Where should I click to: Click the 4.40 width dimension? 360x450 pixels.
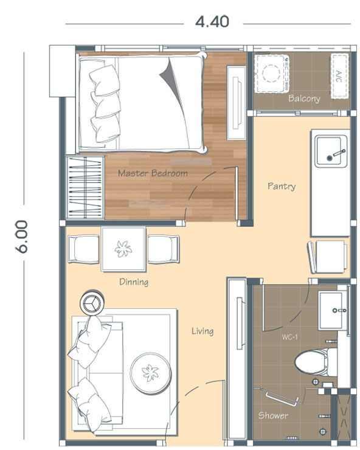(x=212, y=22)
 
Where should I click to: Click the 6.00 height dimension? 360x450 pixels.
(x=21, y=237)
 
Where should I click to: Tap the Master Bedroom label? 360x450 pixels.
(x=153, y=173)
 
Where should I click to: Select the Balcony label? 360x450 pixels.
(x=304, y=99)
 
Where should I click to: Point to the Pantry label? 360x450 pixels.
(x=282, y=186)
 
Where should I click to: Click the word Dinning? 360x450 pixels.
(x=134, y=282)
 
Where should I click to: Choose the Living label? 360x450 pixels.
(x=202, y=331)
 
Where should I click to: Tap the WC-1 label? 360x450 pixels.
(x=289, y=337)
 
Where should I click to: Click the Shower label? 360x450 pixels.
(x=273, y=415)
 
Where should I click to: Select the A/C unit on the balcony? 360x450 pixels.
(x=339, y=76)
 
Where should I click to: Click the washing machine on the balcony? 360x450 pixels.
(x=272, y=74)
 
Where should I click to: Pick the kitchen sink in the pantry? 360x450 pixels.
(x=330, y=151)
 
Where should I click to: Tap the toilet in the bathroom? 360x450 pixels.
(x=316, y=362)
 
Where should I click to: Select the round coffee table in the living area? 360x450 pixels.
(x=150, y=373)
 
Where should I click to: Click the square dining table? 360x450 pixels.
(x=123, y=249)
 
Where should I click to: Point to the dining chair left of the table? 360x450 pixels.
(x=83, y=249)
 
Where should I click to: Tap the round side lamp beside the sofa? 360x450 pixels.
(x=92, y=303)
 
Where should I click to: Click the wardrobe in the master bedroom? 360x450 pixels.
(x=85, y=187)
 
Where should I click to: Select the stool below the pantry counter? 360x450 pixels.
(x=327, y=257)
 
